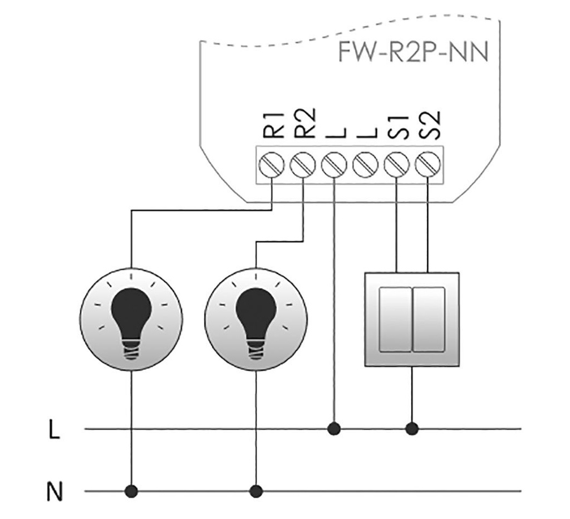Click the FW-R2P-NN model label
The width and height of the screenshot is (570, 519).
(413, 53)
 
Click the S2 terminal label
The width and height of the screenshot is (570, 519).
(429, 124)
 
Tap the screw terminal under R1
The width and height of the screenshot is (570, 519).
(271, 165)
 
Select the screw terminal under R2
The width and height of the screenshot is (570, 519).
(302, 165)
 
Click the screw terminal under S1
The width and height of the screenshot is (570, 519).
(396, 165)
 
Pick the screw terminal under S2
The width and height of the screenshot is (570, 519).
(427, 165)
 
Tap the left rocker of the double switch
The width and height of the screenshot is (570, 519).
(395, 319)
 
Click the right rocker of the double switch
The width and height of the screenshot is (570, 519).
(429, 319)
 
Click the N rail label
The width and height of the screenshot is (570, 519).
(54, 493)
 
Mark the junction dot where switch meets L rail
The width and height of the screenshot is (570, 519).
(412, 429)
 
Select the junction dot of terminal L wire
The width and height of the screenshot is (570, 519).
(334, 429)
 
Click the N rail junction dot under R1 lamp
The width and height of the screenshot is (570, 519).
(131, 491)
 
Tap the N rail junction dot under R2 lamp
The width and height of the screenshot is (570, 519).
(255, 491)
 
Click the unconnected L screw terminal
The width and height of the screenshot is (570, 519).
(365, 165)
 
